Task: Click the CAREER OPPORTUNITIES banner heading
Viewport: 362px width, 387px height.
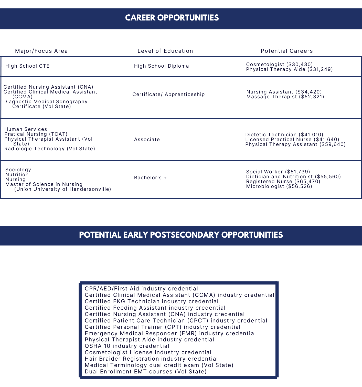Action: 172,18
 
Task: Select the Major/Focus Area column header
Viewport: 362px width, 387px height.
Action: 41,51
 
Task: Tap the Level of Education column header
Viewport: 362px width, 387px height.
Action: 165,51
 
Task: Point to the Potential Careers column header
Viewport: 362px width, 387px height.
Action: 287,51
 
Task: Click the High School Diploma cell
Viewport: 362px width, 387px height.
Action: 161,66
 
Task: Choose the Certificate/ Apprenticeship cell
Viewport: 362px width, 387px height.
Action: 168,95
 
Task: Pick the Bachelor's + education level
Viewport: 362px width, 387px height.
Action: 150,178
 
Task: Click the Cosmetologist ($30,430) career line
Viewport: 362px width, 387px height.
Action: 279,65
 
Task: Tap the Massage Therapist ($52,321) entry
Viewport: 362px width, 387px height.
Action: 285,97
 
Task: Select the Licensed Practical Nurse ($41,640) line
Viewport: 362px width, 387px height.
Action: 292,140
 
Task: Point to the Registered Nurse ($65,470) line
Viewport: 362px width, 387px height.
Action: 283,182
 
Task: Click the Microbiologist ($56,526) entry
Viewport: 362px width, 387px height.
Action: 279,186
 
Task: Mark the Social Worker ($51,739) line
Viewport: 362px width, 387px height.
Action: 278,172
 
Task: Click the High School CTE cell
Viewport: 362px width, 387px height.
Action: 27,66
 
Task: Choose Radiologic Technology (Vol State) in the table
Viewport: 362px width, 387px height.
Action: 50,149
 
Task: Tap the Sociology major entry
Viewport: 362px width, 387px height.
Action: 18,170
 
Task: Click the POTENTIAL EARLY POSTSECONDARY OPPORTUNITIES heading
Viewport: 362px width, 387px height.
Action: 181,235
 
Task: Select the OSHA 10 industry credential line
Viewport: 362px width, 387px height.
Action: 127,346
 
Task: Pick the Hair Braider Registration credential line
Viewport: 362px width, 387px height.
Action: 151,359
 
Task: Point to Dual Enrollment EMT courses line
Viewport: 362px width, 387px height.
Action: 145,372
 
